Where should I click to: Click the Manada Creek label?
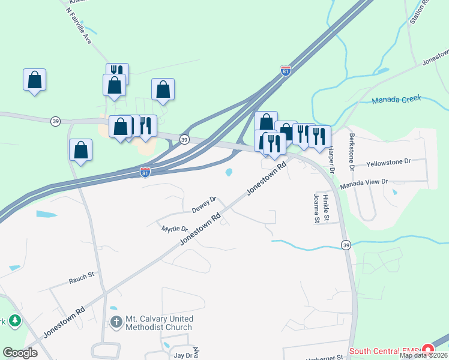click(x=396, y=100)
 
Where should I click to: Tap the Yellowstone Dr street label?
click(x=388, y=162)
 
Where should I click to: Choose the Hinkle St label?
click(x=326, y=205)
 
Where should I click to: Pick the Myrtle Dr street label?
click(x=175, y=229)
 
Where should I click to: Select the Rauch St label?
click(x=82, y=278)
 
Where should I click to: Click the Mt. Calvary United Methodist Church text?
click(x=159, y=323)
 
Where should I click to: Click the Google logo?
click(x=20, y=353)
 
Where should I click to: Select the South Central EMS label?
click(x=384, y=350)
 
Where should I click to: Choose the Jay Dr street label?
click(x=182, y=355)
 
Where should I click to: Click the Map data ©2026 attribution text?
click(x=423, y=355)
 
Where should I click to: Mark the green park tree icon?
click(x=14, y=321)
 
